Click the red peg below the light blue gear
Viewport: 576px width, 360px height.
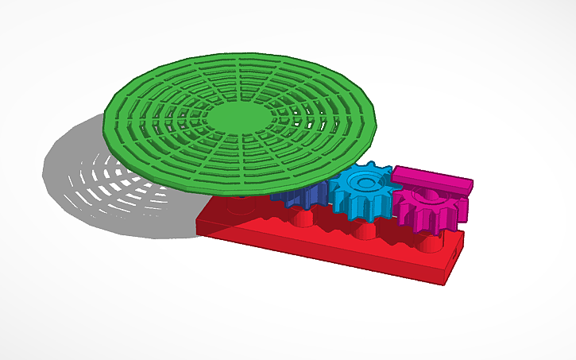point(365,231)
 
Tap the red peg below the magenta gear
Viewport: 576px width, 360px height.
point(430,242)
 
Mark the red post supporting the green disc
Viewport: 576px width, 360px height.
point(238,205)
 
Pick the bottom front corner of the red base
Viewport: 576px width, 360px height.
point(442,282)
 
